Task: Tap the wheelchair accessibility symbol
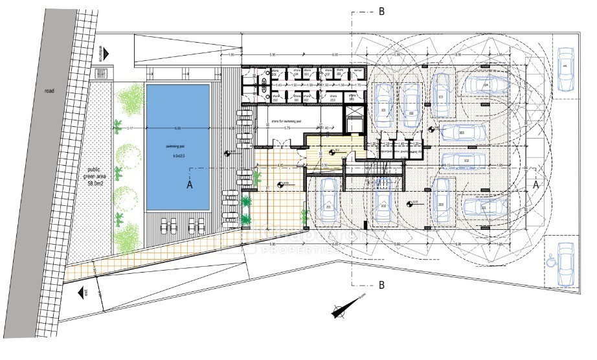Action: pos(551,262)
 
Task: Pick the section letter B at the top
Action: pos(382,11)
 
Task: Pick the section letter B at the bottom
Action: pos(382,284)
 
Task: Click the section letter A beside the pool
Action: pos(190,185)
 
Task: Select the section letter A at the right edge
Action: pos(535,185)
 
